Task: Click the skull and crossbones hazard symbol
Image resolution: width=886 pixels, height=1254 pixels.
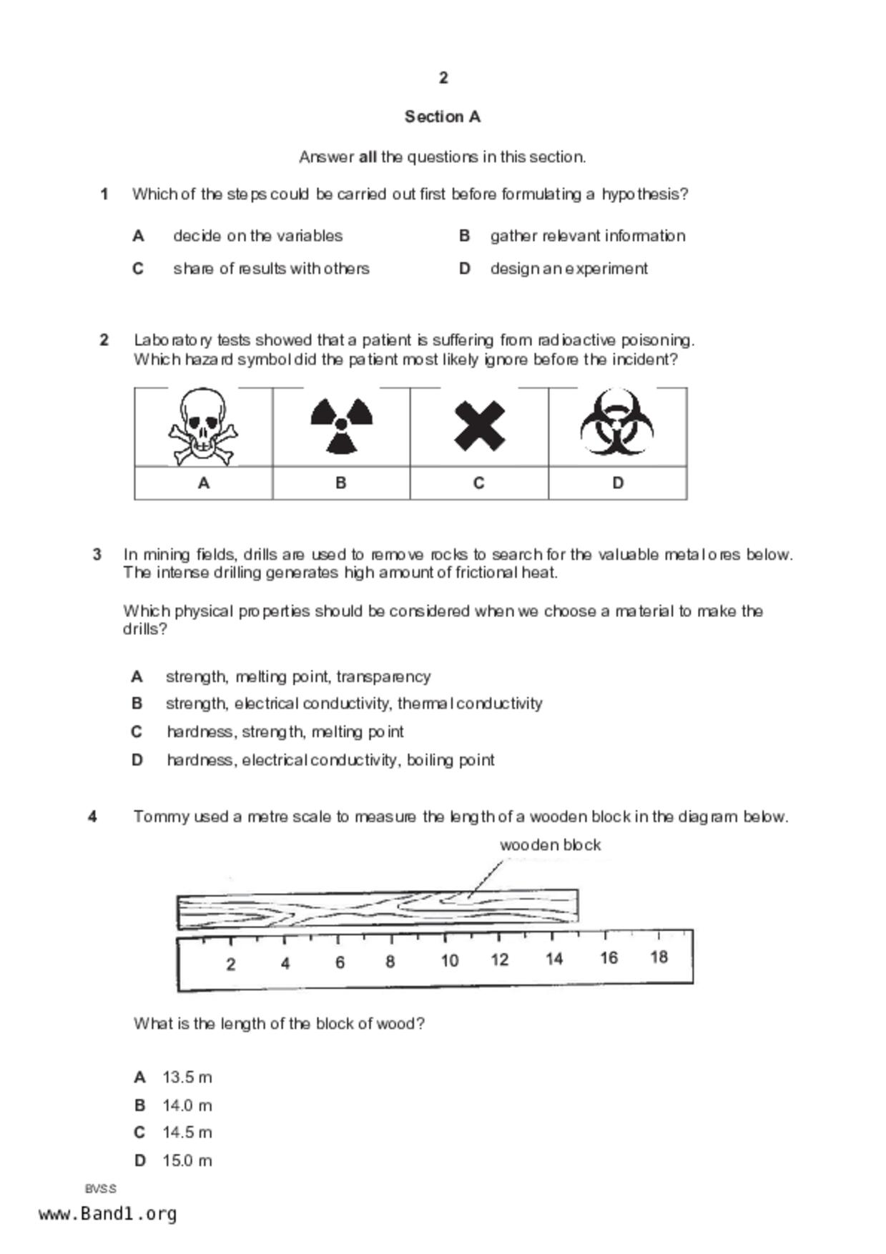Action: point(203,427)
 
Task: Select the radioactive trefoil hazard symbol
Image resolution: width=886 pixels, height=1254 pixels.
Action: point(341,425)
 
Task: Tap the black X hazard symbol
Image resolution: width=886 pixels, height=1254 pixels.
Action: point(479,426)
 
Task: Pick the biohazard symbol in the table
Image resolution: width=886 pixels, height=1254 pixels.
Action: point(616,423)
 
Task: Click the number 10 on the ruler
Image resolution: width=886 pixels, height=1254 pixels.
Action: point(449,960)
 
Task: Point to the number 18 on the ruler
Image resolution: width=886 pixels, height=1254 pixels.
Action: point(659,957)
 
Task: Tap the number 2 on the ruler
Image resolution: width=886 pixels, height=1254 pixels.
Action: point(230,964)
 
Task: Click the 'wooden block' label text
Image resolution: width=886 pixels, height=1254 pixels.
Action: point(550,844)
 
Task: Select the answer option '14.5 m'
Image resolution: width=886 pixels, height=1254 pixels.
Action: point(187,1132)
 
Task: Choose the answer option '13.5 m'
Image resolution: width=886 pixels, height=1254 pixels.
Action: point(187,1077)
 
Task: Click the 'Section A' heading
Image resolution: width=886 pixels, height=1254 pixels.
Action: point(443,117)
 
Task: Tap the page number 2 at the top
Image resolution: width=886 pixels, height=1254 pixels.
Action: point(443,78)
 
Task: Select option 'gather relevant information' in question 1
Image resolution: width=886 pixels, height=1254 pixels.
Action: point(587,236)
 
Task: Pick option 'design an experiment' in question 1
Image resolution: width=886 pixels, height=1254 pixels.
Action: point(568,269)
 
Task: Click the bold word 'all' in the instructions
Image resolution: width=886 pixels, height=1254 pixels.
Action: point(368,157)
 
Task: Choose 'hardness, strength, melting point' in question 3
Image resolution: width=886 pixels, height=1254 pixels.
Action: point(285,731)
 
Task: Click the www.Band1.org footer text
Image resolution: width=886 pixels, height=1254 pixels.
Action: point(107,1214)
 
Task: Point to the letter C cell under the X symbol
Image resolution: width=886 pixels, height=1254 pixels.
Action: point(479,483)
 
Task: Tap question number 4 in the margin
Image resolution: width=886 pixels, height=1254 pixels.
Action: point(92,816)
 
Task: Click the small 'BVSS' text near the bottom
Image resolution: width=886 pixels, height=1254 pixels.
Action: point(100,1189)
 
